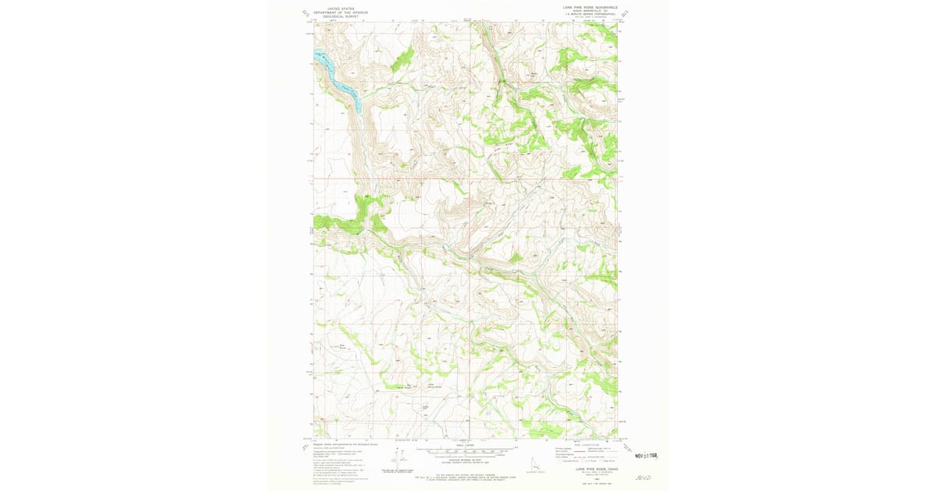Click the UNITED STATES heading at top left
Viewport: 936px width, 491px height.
(339, 9)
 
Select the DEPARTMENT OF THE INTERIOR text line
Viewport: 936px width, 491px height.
(339, 12)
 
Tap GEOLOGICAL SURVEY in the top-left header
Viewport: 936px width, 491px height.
(339, 16)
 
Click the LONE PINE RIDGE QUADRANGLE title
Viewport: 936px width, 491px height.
(590, 6)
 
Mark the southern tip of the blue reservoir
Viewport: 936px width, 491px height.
(358, 107)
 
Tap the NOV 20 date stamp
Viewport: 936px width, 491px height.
(647, 454)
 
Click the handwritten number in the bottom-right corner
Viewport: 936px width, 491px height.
(644, 476)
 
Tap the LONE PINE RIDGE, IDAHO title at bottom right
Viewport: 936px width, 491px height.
(590, 469)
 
